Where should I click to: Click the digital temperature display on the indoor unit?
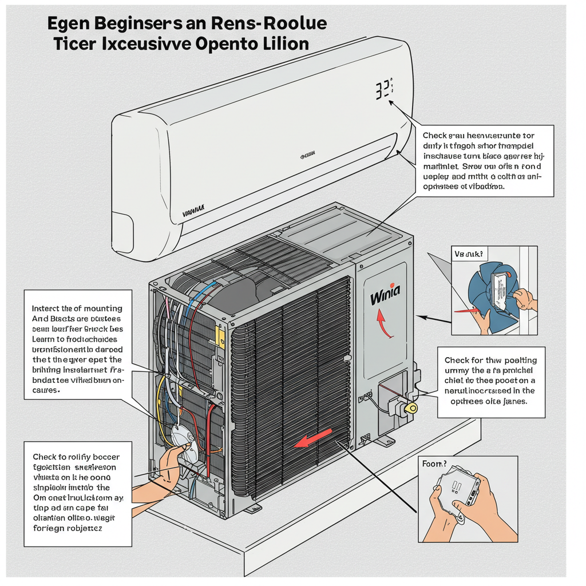click(x=385, y=90)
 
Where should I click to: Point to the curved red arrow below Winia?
click(x=382, y=324)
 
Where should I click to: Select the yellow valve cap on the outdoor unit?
click(x=411, y=407)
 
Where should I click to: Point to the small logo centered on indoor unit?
click(x=308, y=155)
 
